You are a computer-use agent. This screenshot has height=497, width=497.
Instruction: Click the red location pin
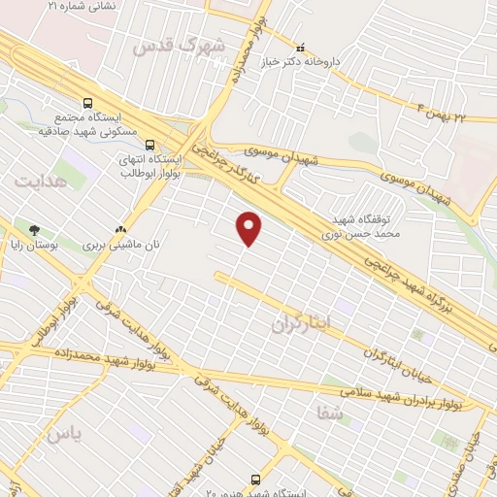[249, 228]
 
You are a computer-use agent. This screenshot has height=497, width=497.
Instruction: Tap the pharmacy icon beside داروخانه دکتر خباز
[300, 46]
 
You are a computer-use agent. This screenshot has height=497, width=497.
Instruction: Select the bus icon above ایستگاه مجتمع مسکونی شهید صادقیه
[88, 101]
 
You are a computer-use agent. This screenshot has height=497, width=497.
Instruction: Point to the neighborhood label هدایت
[41, 181]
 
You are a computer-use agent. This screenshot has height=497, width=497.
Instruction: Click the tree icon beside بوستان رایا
[35, 231]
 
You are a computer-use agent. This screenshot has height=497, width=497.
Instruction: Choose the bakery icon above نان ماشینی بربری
[121, 231]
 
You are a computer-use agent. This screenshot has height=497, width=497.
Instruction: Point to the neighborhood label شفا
[330, 413]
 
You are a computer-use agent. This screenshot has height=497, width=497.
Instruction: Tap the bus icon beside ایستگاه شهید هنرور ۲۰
[255, 480]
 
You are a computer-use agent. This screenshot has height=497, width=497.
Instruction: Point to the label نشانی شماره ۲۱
[82, 6]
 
